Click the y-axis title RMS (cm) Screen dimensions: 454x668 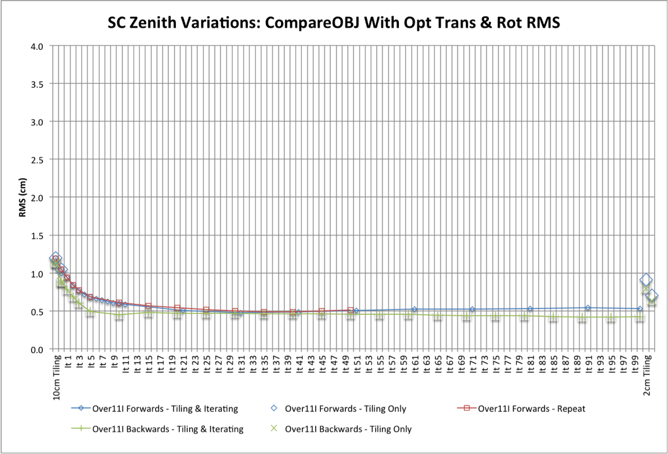click(x=23, y=197)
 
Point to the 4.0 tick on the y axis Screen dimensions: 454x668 click(x=36, y=46)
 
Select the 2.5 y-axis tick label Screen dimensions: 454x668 click(x=36, y=160)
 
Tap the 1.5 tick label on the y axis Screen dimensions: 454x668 click(x=36, y=236)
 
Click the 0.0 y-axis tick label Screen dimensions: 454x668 click(x=36, y=349)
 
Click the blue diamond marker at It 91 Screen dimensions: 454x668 click(x=588, y=308)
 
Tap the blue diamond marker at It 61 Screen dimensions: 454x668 click(x=415, y=309)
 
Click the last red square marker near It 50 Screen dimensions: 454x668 click(x=351, y=310)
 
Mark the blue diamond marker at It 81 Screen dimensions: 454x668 click(x=530, y=309)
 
